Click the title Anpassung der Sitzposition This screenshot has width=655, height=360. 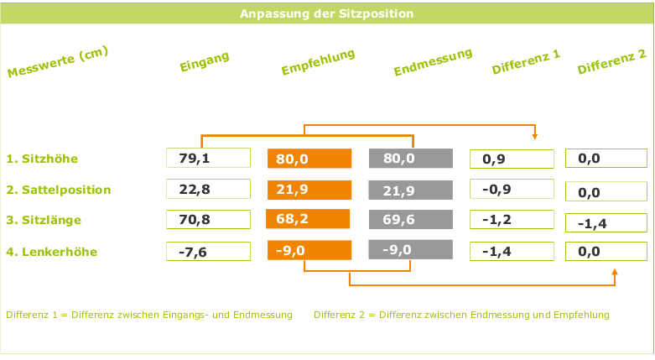tap(326, 14)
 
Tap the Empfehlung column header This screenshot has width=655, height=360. tap(318, 62)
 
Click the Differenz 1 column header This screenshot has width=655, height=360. tap(526, 63)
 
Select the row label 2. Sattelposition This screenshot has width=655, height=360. tap(59, 190)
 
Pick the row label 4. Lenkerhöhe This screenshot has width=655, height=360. tap(51, 252)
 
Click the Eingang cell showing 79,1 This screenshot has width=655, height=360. tap(209, 159)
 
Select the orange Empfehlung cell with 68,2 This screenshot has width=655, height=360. tap(308, 220)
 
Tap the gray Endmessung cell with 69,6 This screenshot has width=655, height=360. tap(410, 220)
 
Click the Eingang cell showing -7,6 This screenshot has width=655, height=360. tap(209, 252)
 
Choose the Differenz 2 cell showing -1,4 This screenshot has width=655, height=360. tap(606, 223)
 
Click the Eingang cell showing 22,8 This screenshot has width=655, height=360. tap(209, 190)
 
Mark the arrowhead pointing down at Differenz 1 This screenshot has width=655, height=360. tap(535, 138)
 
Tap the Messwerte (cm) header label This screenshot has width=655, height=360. tap(59, 62)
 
